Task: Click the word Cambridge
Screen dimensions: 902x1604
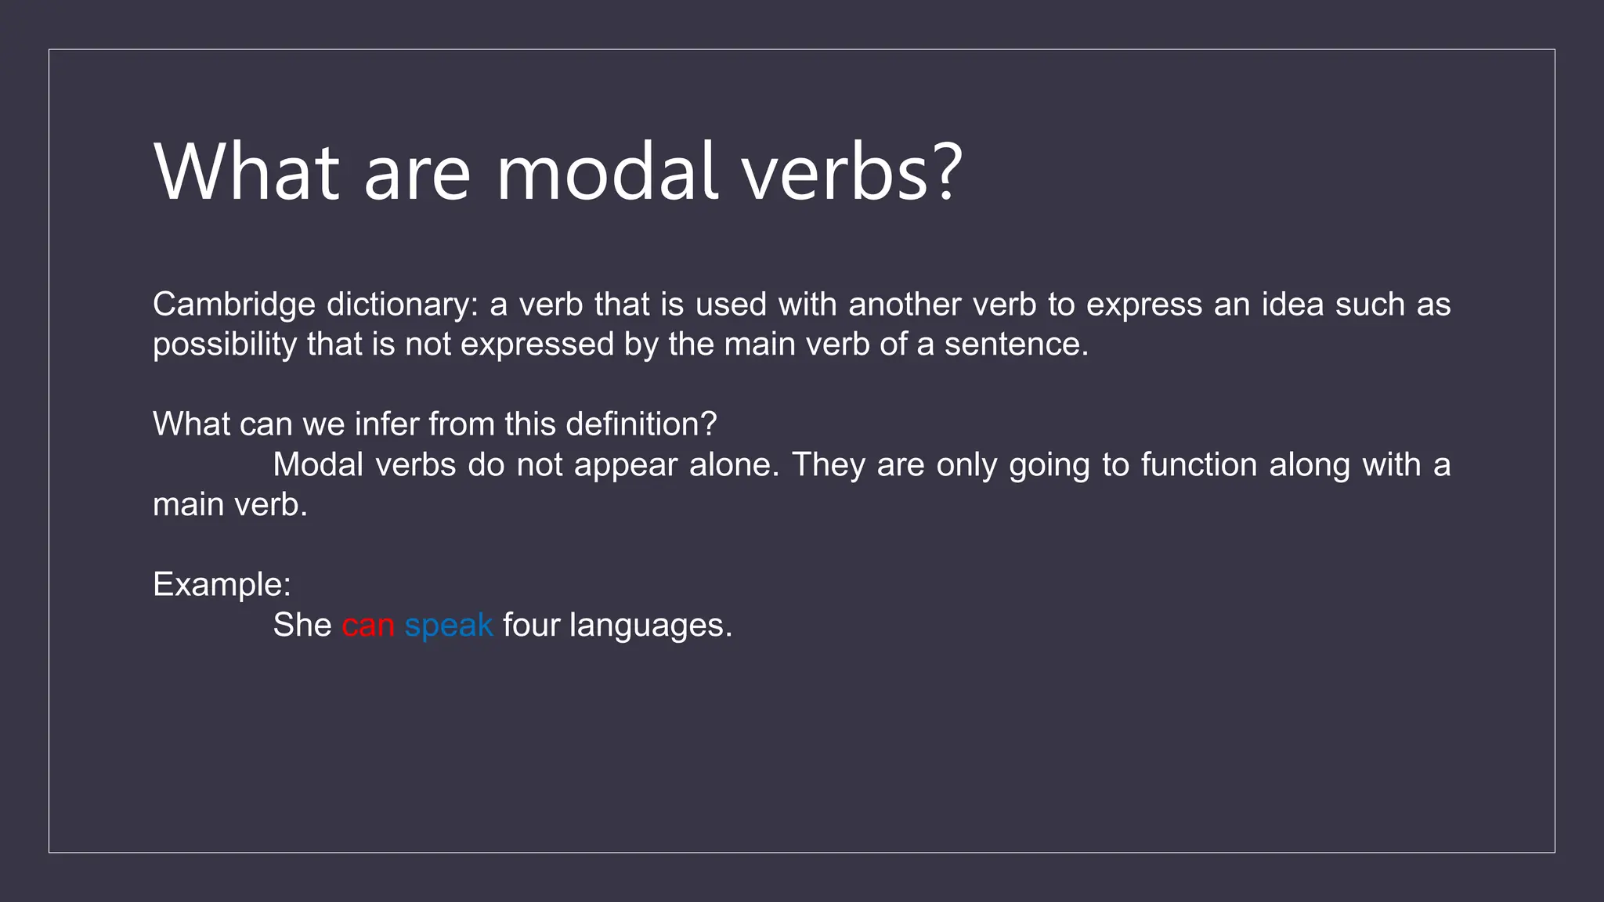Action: (233, 305)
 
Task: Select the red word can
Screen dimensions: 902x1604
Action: (367, 626)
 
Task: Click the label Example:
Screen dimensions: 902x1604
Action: (222, 585)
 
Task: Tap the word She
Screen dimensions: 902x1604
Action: (302, 626)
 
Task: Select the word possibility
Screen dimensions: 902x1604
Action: (224, 345)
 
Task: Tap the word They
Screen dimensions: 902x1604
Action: (829, 465)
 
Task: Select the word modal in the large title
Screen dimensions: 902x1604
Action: (607, 172)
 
